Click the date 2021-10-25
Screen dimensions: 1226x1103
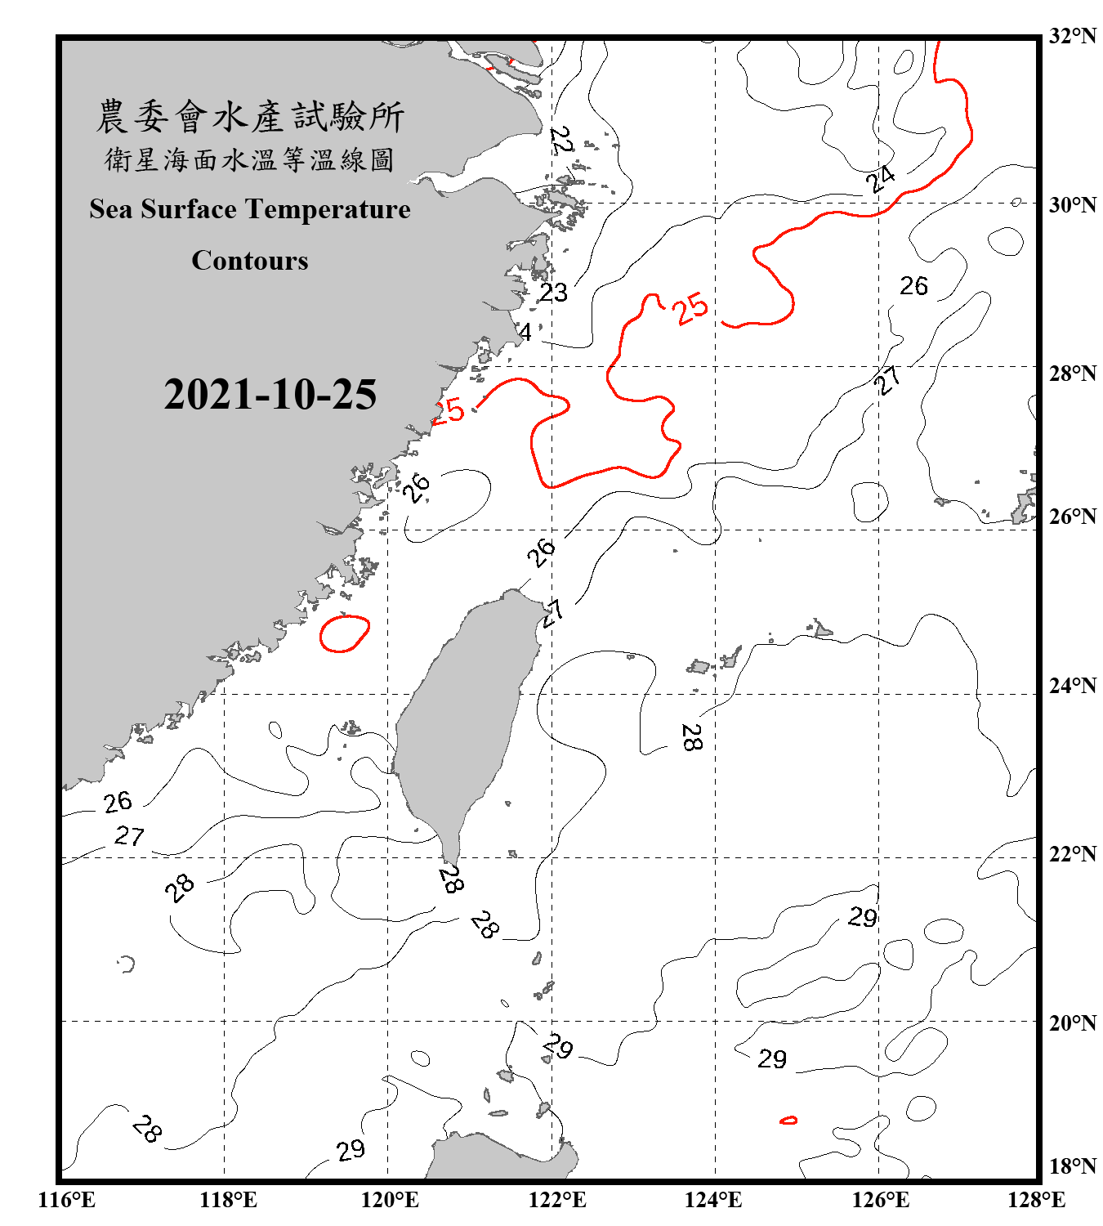[270, 395]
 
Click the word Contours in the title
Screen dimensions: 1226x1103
[250, 261]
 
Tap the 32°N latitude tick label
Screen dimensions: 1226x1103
[1072, 36]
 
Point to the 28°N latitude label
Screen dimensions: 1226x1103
[1072, 374]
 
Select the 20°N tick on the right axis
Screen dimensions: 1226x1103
[1072, 1022]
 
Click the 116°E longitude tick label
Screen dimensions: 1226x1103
[67, 1200]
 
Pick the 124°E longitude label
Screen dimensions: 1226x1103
[713, 1200]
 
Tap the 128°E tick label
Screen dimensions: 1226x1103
[1036, 1200]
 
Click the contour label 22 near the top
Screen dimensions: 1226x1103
[562, 141]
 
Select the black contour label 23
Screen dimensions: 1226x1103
[553, 293]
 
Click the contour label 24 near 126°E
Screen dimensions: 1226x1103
[881, 177]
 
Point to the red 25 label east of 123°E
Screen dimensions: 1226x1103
[690, 309]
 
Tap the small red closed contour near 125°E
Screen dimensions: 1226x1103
[788, 1120]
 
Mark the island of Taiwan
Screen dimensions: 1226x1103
[466, 719]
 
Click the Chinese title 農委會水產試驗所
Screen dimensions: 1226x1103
[250, 116]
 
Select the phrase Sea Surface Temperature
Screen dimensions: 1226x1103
[250, 209]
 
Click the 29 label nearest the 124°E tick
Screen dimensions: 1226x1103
[771, 1059]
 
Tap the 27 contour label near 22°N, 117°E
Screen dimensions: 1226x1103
[129, 836]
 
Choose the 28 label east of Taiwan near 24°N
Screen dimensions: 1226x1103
[691, 737]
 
